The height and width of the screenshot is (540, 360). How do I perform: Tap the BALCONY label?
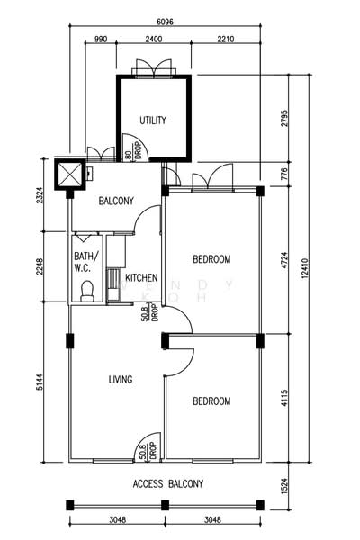coord(116,201)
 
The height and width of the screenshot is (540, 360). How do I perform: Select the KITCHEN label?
coord(141,277)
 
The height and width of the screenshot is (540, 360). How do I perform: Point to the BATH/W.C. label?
coord(85,261)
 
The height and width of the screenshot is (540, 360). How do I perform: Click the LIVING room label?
coord(121,380)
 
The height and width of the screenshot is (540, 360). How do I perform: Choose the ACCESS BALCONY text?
coord(167,483)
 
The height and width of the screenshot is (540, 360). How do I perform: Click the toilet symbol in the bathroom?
coord(87,290)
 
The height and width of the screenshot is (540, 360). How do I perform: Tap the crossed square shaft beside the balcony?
coord(68,174)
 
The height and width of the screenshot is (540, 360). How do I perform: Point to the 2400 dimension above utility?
coord(154,39)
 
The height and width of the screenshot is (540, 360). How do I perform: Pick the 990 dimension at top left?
coord(100,39)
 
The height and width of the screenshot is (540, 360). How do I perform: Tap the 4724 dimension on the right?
coord(285,262)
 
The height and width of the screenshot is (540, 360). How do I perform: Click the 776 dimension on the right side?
coord(285,175)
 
